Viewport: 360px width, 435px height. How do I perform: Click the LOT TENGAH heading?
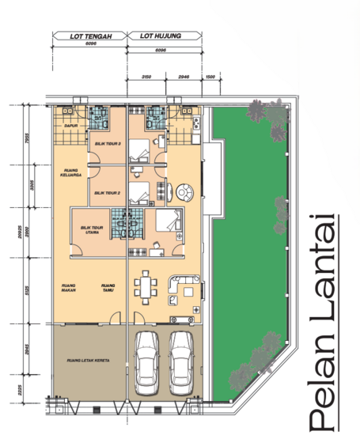tap(89, 36)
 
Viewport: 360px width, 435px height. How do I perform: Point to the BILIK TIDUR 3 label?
tap(106, 144)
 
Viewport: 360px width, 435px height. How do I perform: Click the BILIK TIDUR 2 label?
tap(106, 192)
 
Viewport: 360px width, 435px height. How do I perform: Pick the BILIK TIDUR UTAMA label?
tap(92, 229)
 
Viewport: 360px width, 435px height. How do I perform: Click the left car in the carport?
tap(147, 362)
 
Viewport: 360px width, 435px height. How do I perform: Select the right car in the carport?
tap(182, 362)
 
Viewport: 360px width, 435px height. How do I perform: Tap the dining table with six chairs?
tap(144, 287)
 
